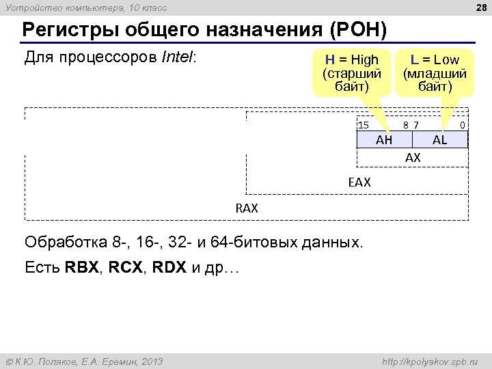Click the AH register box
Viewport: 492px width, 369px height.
point(384,139)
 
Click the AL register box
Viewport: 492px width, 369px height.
point(440,139)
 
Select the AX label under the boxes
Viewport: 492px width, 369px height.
point(413,158)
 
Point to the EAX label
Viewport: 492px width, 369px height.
point(359,182)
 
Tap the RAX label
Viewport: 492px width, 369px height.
point(247,208)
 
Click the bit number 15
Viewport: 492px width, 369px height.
point(364,124)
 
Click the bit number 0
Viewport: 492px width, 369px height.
point(463,124)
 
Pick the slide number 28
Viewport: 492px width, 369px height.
point(478,8)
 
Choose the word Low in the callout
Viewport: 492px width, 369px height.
point(446,59)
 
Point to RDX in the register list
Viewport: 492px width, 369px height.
point(171,267)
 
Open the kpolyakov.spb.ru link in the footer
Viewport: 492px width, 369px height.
point(430,361)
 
